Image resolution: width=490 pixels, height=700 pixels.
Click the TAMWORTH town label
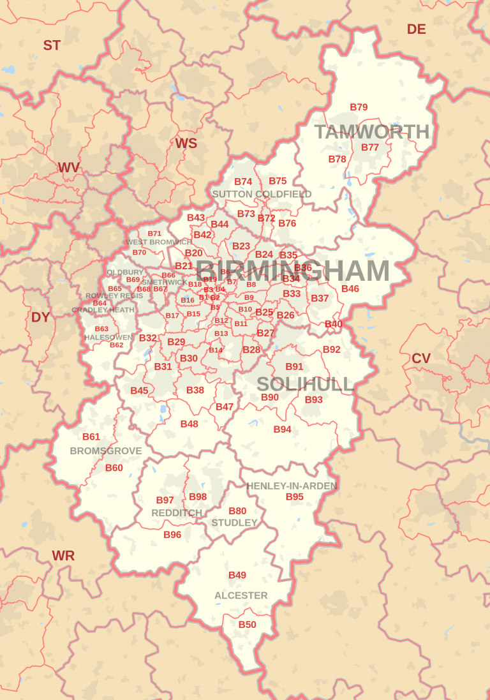(x=372, y=132)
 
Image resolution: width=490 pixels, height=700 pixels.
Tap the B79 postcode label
(x=359, y=107)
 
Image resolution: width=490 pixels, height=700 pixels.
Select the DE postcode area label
(x=416, y=29)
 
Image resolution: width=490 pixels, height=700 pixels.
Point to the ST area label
(x=52, y=45)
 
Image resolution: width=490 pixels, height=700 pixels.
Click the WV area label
(x=69, y=168)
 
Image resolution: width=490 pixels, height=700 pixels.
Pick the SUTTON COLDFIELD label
(x=262, y=194)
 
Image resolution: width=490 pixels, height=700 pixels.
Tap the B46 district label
(x=350, y=288)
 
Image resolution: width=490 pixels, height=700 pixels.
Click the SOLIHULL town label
(x=305, y=384)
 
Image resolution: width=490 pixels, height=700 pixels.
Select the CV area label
(x=421, y=359)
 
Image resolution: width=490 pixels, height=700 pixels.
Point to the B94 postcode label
(x=283, y=429)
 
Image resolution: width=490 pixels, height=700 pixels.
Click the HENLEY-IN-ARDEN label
(x=292, y=486)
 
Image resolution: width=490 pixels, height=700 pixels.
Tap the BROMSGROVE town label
(x=106, y=451)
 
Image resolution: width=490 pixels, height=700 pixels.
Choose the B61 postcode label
(x=91, y=437)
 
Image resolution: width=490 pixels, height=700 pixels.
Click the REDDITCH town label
(x=177, y=513)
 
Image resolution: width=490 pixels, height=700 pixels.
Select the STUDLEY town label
(x=235, y=523)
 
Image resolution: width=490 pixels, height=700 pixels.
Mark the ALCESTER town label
(x=241, y=595)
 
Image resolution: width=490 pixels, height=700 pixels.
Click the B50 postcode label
(x=247, y=625)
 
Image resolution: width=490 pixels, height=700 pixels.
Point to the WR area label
(x=63, y=556)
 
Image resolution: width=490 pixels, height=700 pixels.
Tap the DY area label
(x=40, y=317)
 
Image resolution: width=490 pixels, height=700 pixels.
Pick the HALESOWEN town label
(x=108, y=337)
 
